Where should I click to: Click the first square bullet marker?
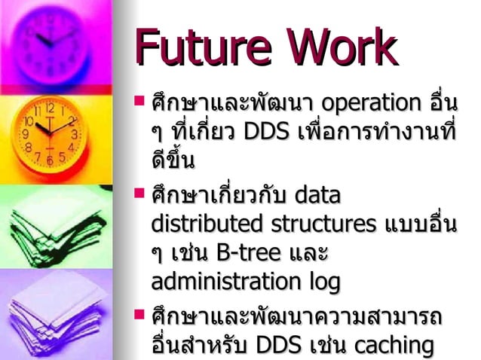138,99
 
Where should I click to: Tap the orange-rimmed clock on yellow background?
50,136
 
